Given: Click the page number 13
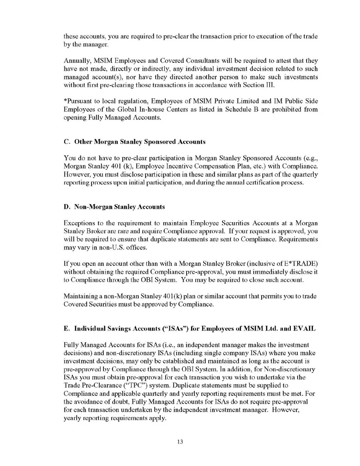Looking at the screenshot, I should tap(180, 442).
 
